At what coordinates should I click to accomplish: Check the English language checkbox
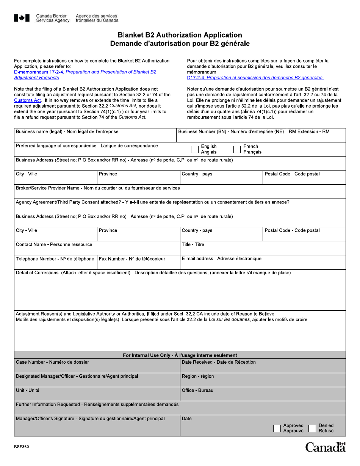195,149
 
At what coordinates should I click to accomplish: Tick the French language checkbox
237,149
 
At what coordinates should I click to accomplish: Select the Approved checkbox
277,428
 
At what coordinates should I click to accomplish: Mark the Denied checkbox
312,428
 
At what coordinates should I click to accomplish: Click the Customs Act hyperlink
27,100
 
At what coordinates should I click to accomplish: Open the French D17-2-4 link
255,78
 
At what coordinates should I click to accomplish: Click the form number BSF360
21,447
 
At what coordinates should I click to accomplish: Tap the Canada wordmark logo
326,447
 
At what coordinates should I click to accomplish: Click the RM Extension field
316,137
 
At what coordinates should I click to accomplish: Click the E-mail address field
263,264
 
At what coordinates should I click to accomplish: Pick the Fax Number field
138,264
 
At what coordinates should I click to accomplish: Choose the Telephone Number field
55,264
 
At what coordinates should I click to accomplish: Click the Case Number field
97,367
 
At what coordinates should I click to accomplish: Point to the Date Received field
263,367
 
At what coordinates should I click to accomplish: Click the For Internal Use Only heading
180,355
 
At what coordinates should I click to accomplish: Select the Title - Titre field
263,250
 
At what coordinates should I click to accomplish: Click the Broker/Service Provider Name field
180,193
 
